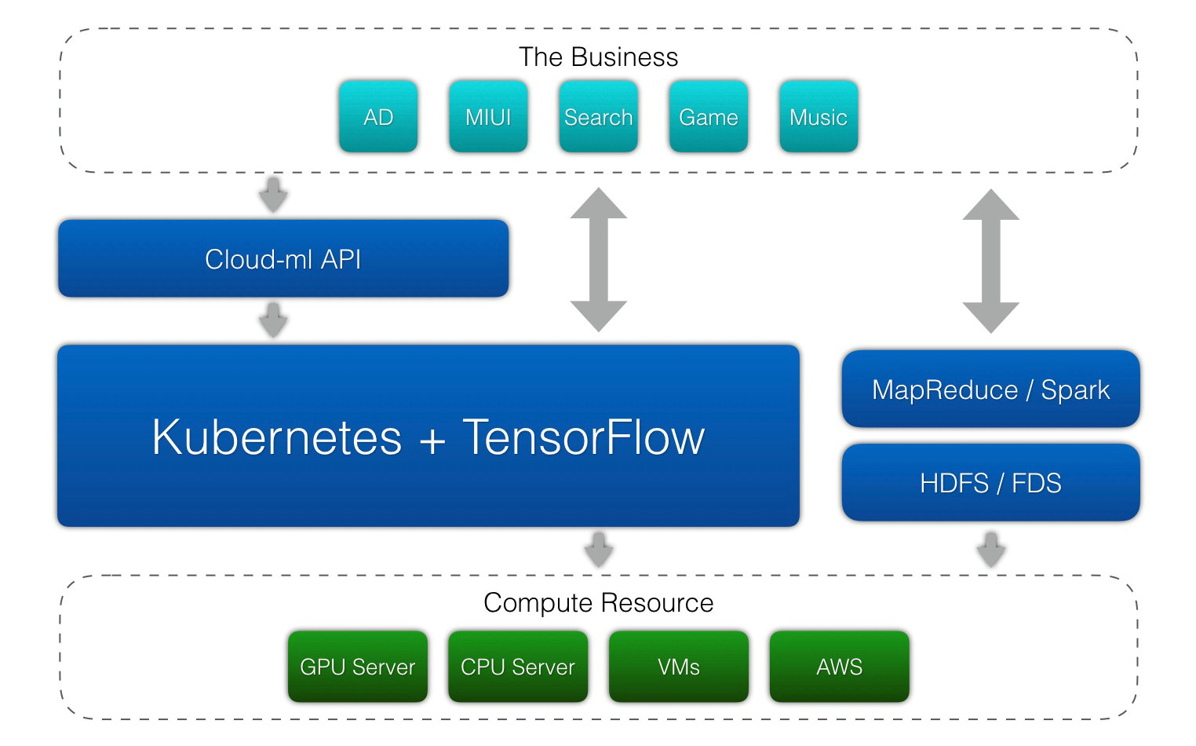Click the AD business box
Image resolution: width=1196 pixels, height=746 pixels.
click(x=378, y=116)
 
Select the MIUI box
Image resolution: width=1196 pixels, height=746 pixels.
click(x=488, y=116)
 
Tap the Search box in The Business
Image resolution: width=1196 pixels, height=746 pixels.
click(x=598, y=116)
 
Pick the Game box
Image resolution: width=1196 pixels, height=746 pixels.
click(x=708, y=116)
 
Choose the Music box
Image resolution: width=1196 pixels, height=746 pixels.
click(x=819, y=116)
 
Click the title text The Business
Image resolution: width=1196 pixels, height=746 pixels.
click(x=598, y=57)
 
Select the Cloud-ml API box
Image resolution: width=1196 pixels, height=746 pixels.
click(x=283, y=258)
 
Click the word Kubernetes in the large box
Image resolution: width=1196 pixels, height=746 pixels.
click(x=276, y=437)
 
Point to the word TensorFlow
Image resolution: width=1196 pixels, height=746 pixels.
click(x=584, y=437)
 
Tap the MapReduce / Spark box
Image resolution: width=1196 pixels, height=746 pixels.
click(x=990, y=389)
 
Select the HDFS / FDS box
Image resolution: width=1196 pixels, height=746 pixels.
click(x=990, y=482)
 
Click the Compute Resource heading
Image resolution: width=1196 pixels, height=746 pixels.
click(x=598, y=603)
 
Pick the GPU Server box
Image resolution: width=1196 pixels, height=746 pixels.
click(x=358, y=667)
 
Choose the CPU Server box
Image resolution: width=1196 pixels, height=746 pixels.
click(x=518, y=667)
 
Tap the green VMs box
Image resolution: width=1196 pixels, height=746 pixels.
click(x=679, y=667)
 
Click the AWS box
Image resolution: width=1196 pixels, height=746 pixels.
click(x=840, y=667)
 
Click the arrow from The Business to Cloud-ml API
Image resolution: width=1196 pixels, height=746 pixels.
click(x=273, y=195)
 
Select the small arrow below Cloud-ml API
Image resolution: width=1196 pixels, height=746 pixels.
click(x=273, y=320)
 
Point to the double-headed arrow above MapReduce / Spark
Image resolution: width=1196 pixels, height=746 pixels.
click(x=990, y=261)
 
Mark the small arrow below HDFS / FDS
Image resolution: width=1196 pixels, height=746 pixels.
click(x=990, y=549)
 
